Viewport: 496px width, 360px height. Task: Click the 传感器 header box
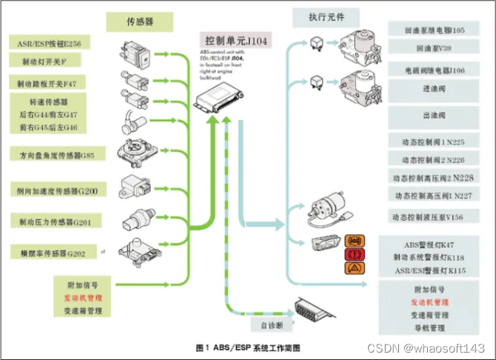coord(139,22)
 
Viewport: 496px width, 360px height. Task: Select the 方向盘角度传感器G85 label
coord(57,156)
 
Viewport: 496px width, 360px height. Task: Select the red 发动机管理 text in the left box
coord(83,297)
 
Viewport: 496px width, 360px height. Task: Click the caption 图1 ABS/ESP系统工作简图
coord(249,347)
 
